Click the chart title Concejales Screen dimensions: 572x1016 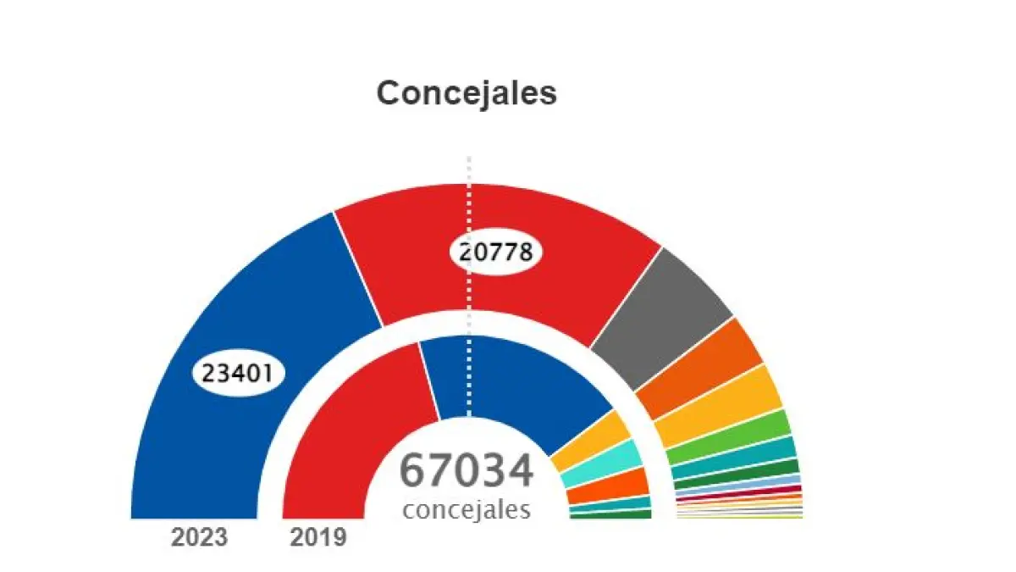pyautogui.click(x=467, y=93)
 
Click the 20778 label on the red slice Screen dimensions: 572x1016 pyautogui.click(x=495, y=252)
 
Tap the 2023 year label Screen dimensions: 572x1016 pyautogui.click(x=199, y=537)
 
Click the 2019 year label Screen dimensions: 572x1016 pyautogui.click(x=318, y=537)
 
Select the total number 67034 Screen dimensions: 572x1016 pyautogui.click(x=467, y=471)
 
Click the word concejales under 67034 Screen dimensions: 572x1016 pyautogui.click(x=467, y=510)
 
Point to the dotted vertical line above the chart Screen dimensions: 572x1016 pyautogui.click(x=470, y=169)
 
